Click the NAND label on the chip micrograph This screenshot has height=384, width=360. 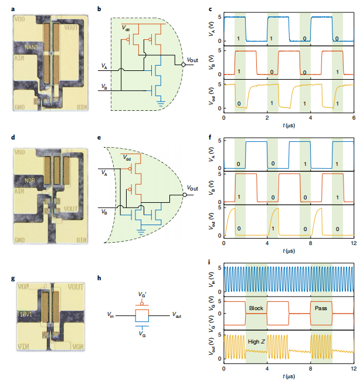[32, 46]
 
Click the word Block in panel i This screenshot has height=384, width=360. [256, 309]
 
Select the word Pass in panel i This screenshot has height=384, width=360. [321, 309]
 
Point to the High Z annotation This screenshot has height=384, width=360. [256, 342]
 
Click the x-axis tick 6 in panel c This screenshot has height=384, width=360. [353, 119]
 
